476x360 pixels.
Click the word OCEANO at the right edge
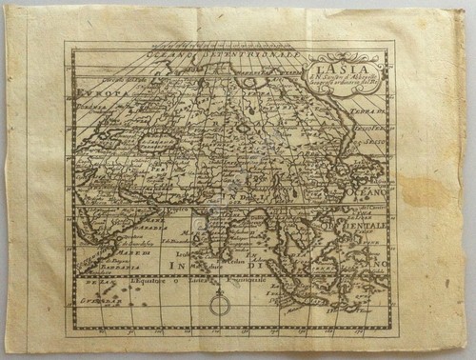pos(371,190)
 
